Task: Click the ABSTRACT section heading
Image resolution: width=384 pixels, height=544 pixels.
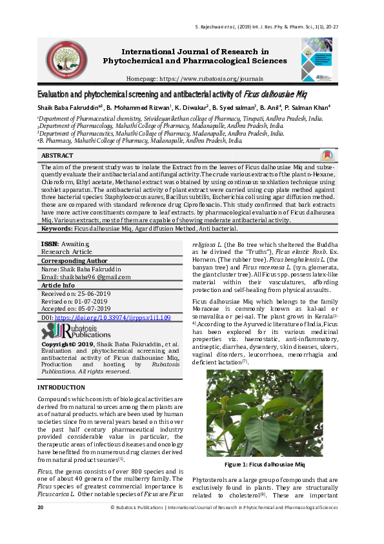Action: (57, 156)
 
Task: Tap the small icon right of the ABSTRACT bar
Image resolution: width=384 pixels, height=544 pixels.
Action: (328, 156)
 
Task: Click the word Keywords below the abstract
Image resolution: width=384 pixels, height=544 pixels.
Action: (57, 228)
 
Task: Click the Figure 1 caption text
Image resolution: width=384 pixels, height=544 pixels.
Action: (265, 465)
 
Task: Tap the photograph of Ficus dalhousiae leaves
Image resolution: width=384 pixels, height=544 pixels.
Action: (265, 413)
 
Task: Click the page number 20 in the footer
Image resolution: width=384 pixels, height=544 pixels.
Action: (41, 508)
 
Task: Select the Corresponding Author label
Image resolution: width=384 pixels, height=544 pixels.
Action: (71, 260)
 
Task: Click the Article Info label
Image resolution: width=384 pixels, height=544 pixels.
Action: (58, 285)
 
